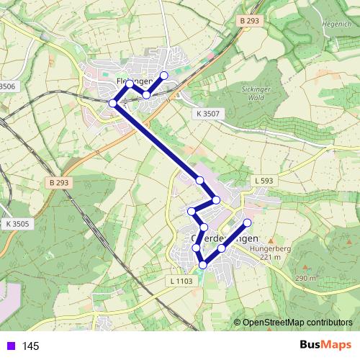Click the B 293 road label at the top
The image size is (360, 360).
coord(248,22)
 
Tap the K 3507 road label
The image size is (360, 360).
coord(207,114)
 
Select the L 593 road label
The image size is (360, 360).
coord(264,179)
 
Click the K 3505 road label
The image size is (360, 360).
coord(17,224)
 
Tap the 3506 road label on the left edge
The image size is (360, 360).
coord(7,86)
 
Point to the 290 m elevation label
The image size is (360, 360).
coord(305,278)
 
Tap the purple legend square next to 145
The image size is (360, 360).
coord(9,346)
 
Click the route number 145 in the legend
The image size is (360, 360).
coord(30,346)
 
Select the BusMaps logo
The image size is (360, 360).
coord(325,346)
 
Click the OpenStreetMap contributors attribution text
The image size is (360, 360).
coord(297,322)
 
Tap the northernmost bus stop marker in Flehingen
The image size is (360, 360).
coord(163,76)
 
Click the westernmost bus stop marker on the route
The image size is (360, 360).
coord(112,104)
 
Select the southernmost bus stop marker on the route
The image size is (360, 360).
coord(202,265)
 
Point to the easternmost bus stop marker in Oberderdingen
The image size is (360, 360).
coord(248,222)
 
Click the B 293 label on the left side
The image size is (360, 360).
coord(63,183)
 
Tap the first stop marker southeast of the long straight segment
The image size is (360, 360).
coord(199,180)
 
